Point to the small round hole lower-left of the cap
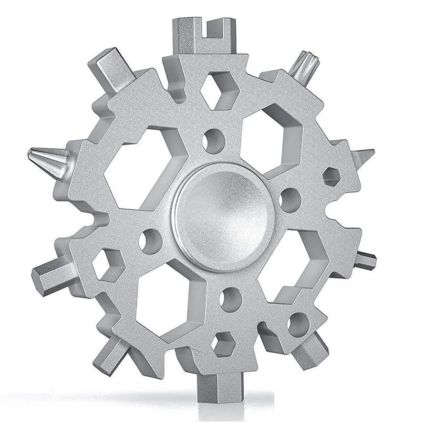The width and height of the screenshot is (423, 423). pyautogui.click(x=150, y=239)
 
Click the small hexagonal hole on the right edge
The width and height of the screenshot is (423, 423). pyautogui.click(x=332, y=176)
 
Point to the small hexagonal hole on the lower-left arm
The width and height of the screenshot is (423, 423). pyautogui.click(x=107, y=260)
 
